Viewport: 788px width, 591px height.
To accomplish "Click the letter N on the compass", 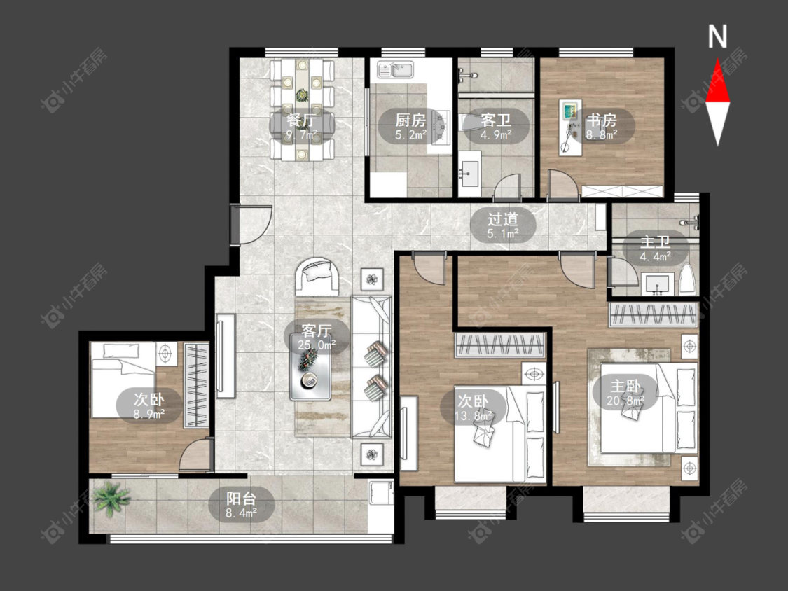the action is (x=718, y=36).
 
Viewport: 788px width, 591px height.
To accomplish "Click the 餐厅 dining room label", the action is (x=301, y=120).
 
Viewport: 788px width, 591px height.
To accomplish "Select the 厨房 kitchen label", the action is (x=410, y=120).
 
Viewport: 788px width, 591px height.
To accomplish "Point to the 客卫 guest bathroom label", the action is (x=495, y=120).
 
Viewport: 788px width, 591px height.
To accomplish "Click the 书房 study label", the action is (x=602, y=120).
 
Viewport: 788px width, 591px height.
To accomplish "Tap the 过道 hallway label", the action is (x=503, y=219).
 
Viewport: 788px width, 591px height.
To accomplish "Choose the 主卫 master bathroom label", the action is (x=656, y=242).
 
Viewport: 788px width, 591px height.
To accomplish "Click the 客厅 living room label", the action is (x=317, y=331).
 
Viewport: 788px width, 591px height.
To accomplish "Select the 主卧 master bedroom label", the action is (x=625, y=386).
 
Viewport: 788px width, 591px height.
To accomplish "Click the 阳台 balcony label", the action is (x=241, y=499).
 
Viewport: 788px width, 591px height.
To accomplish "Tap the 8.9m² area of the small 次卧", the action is (x=149, y=414).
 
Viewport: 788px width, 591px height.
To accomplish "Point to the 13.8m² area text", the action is (x=473, y=416).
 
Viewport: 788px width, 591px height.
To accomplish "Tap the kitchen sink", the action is (x=396, y=70).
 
